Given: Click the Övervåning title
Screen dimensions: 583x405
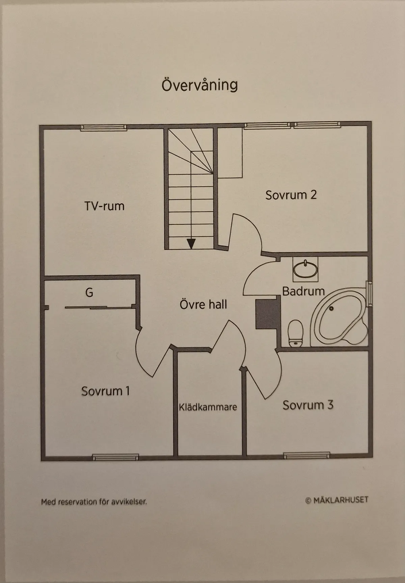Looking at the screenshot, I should (x=199, y=85).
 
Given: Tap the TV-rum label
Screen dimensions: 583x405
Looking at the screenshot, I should (x=104, y=206).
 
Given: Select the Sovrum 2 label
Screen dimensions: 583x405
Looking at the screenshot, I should (x=291, y=195).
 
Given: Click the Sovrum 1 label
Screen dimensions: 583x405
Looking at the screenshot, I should (x=105, y=391).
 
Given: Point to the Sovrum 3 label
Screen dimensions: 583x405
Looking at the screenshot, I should (x=308, y=405).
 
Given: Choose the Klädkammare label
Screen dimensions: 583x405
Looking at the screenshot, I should (x=208, y=407).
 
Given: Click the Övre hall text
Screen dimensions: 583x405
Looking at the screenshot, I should (x=203, y=305).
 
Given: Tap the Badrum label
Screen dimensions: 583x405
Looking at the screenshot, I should (x=303, y=291).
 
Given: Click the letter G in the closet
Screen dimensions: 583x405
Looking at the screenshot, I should (x=89, y=292).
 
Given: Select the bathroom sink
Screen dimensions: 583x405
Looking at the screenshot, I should (x=305, y=269).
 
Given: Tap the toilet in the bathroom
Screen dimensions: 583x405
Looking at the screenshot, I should (x=296, y=333).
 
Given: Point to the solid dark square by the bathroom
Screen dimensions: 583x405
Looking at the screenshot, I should (x=268, y=314).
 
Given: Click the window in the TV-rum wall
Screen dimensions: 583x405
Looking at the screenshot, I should (x=104, y=128).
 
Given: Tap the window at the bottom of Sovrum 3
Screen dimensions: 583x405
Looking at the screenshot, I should (x=306, y=455).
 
